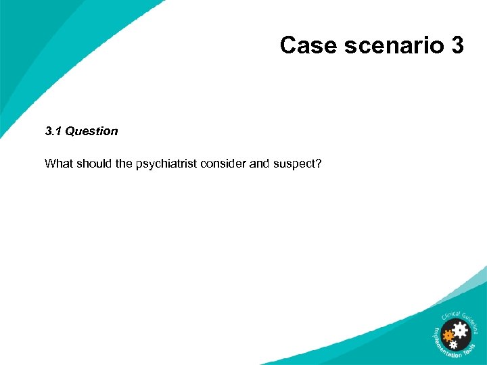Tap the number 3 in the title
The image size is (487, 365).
(x=456, y=45)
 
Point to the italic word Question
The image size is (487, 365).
(x=91, y=131)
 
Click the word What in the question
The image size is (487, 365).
(x=57, y=164)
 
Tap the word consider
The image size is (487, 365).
(x=227, y=164)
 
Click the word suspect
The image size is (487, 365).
(x=294, y=164)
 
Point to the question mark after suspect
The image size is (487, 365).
(x=318, y=164)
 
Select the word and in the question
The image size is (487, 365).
(x=259, y=164)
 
